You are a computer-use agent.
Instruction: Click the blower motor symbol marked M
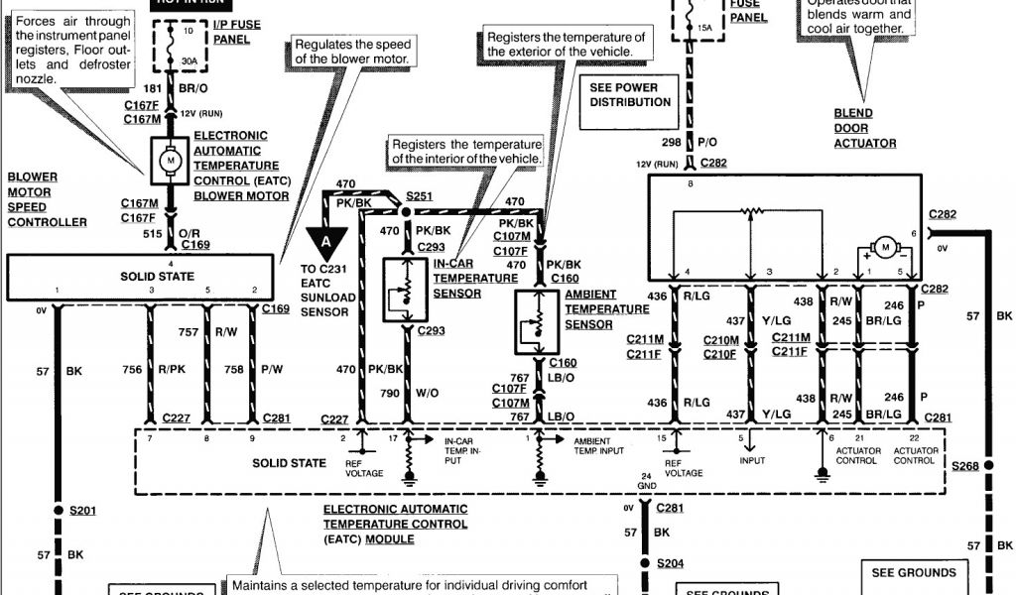pos(168,159)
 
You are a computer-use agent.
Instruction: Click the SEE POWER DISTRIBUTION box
pos(630,94)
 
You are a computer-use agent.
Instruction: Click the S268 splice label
pos(965,466)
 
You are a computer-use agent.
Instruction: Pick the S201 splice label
pos(85,511)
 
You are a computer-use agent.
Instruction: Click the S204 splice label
pos(671,563)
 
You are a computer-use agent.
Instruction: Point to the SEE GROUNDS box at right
pos(914,572)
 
